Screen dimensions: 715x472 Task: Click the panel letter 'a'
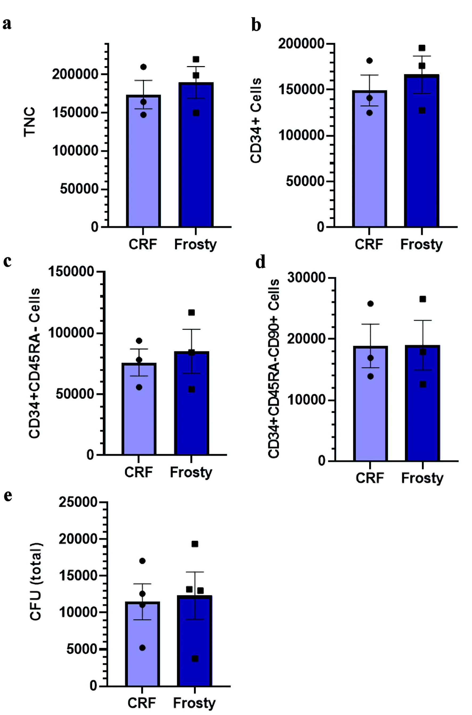click(7, 24)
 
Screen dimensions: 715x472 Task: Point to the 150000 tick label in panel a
click(76, 113)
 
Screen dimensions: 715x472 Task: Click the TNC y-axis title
click(30, 122)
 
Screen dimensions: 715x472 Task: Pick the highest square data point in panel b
click(422, 48)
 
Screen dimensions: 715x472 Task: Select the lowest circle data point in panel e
click(143, 648)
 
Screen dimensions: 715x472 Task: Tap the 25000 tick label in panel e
click(78, 502)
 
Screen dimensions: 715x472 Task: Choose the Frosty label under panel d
click(422, 478)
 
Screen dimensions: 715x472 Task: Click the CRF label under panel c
click(139, 472)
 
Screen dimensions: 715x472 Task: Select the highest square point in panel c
click(192, 313)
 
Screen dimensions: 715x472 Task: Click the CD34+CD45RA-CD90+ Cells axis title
click(274, 368)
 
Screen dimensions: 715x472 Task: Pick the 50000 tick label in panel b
click(305, 181)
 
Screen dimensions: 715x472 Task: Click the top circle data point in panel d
click(371, 304)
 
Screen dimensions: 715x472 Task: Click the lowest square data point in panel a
click(196, 113)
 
